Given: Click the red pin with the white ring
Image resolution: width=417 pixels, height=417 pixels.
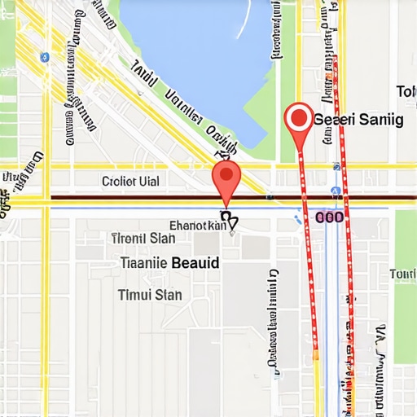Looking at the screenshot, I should pos(299,120).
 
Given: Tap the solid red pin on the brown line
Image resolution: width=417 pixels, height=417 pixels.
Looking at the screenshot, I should pos(226,177).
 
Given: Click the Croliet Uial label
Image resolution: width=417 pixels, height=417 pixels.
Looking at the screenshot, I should pos(130,181).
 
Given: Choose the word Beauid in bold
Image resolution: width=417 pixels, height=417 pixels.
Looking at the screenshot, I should pos(197,263).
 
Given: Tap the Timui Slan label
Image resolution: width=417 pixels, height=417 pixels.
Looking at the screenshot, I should pos(150,294).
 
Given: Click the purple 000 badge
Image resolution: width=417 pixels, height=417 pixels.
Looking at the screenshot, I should pos(329,217).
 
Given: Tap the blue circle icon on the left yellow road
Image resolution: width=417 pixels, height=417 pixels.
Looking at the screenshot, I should pos(45,57).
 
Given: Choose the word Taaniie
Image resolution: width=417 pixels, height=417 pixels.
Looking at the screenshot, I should pos(144,263).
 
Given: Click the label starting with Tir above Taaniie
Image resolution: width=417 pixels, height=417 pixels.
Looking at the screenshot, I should pos(143,239).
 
